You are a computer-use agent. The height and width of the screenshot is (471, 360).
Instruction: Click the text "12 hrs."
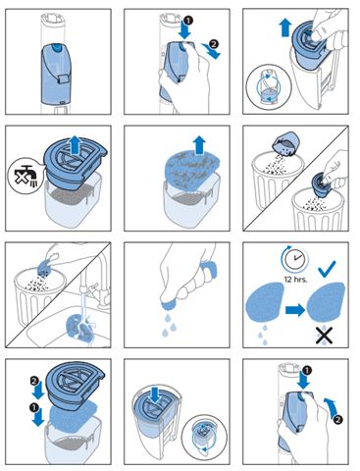pos(295,279)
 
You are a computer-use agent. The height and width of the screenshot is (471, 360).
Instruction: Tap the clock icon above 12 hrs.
pos(294,257)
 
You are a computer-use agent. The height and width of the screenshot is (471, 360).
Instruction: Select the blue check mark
pos(327,269)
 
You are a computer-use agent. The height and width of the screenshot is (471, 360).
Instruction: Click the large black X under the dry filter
pos(324,336)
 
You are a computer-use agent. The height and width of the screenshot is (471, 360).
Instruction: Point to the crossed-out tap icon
pos(24,176)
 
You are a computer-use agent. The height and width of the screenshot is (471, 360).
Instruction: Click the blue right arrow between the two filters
pos(295,310)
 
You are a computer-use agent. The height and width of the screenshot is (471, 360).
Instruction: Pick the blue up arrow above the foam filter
pos(199,145)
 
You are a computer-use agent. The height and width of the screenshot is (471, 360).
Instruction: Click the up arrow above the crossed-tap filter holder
pos(76,146)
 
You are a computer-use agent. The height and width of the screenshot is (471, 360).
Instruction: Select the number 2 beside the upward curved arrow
pos(338,420)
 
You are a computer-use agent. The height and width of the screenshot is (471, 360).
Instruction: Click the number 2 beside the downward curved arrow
pos(213,44)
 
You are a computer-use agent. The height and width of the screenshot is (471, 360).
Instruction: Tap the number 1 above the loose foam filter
pos(34,407)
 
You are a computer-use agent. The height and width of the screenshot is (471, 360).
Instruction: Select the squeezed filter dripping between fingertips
pos(169,304)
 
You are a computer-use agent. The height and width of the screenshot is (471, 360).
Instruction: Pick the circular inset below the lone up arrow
pos(268,87)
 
